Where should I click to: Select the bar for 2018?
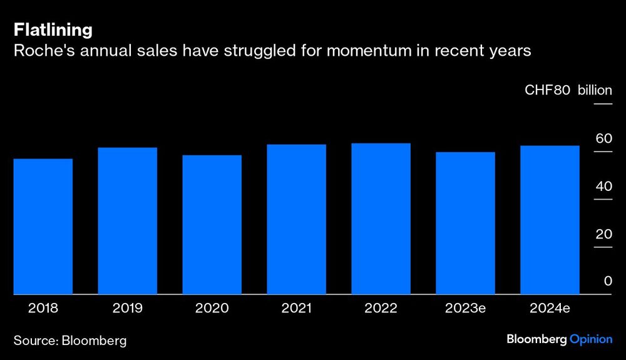point(43,227)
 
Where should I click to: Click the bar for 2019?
point(127,221)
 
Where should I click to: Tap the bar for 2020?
point(212,225)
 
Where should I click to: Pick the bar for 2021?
point(296,219)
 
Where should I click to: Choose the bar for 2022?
point(381,219)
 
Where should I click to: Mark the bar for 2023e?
point(465,223)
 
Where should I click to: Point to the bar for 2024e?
point(550,220)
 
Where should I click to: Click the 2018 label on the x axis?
point(43,307)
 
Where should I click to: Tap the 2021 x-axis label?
point(296,307)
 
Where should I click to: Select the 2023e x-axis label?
point(465,307)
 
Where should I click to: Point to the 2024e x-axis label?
point(550,307)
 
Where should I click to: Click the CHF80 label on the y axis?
point(547,90)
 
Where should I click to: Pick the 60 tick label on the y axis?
point(603,138)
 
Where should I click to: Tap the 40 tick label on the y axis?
point(603,187)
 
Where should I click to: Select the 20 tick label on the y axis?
point(603,234)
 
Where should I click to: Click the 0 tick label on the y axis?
point(607,282)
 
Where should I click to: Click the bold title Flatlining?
point(53,29)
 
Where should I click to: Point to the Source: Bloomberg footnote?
point(70,341)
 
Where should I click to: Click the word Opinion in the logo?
point(591,339)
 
